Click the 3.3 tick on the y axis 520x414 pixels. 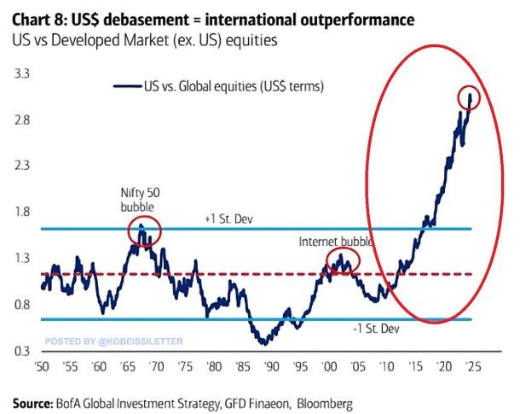(23, 74)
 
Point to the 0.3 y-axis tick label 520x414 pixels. (23, 351)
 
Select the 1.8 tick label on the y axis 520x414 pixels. (23, 213)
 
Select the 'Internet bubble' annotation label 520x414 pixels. (336, 242)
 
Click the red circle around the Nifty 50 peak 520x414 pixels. (143, 232)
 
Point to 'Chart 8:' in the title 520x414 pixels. (38, 19)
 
